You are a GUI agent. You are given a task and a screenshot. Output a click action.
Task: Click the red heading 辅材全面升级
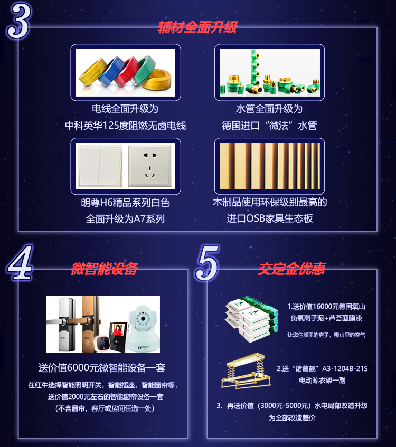(x=197, y=27)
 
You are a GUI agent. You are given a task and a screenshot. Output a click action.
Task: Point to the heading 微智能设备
(x=104, y=269)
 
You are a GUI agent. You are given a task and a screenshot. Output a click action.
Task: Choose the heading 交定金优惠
(x=291, y=269)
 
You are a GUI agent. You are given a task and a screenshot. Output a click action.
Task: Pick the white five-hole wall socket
(x=151, y=165)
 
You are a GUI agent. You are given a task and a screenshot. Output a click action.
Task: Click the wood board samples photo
(x=269, y=166)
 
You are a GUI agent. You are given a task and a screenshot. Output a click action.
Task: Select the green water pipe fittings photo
(x=269, y=72)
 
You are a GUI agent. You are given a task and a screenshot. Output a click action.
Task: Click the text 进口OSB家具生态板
(x=269, y=218)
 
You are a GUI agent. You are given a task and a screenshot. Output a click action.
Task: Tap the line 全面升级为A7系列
(x=125, y=218)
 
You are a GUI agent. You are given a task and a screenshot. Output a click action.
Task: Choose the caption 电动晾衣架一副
(x=322, y=380)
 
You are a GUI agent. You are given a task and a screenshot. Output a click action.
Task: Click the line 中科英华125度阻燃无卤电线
(x=125, y=126)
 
